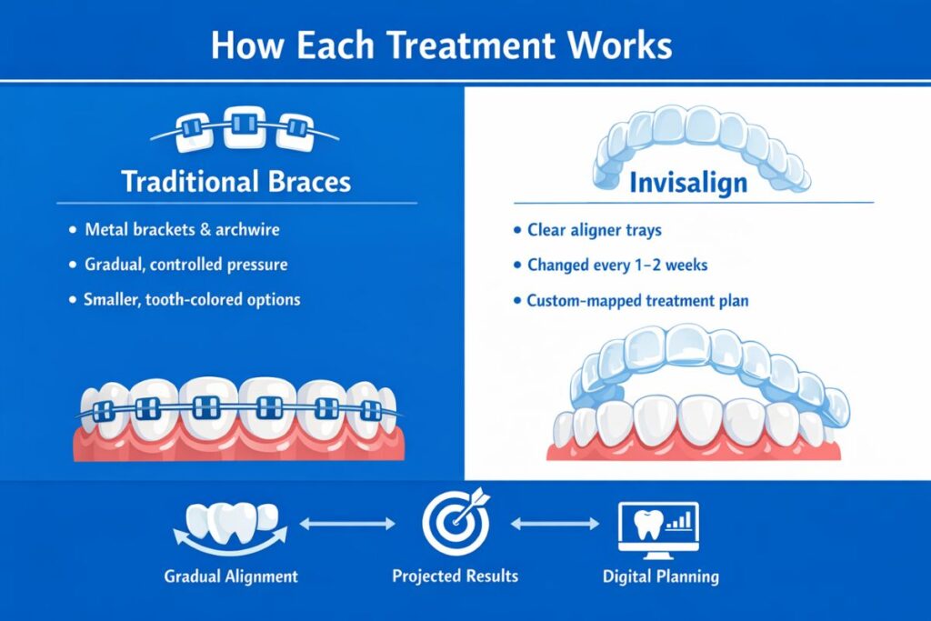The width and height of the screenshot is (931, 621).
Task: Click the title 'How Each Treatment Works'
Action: (441, 44)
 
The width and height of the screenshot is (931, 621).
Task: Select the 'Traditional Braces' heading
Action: (235, 181)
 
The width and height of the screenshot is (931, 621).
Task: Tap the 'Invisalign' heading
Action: (688, 182)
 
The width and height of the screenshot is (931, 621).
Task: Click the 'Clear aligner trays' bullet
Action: (598, 230)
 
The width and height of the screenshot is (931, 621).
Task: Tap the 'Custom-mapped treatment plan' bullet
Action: (637, 300)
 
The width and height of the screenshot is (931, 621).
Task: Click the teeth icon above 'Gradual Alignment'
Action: (230, 525)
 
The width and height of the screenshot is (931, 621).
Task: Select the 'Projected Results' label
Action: (455, 576)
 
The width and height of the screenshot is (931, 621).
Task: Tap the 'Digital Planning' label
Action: (660, 576)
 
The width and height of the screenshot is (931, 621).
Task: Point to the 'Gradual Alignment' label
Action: (231, 576)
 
